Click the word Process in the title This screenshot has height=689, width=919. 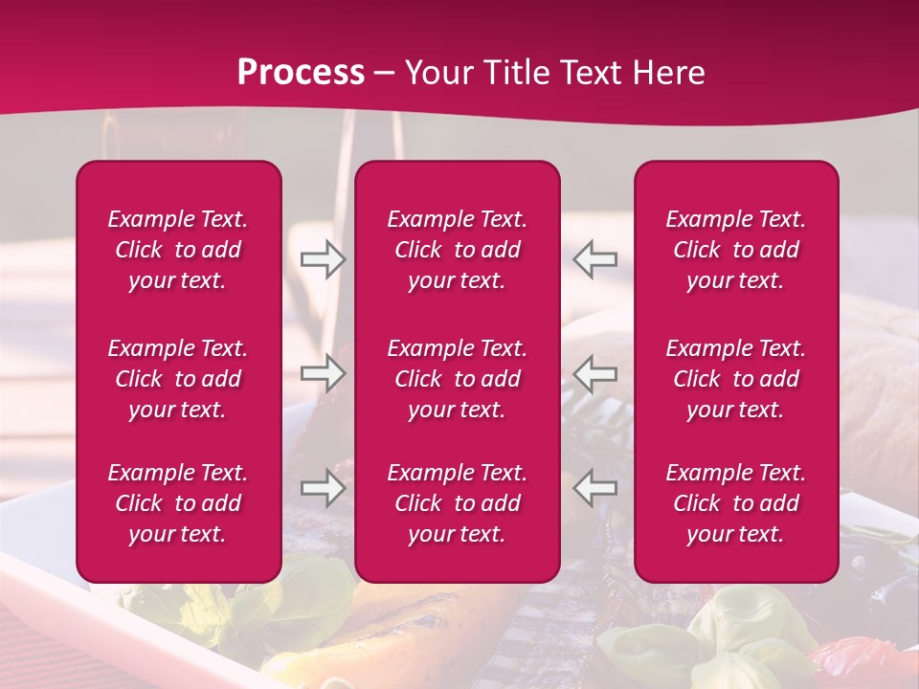tap(301, 73)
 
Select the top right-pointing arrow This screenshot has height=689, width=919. tap(324, 259)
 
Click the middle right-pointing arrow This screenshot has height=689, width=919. tap(324, 372)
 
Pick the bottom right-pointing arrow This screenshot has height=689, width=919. tap(324, 488)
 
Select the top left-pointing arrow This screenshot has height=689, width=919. tap(595, 259)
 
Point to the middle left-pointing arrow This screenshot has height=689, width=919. tap(595, 372)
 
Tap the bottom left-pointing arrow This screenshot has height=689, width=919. tap(595, 488)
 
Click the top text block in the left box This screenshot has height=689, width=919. tap(178, 250)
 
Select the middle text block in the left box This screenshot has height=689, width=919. tap(178, 379)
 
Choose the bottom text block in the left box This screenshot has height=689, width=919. tap(178, 503)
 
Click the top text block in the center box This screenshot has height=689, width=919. tap(458, 250)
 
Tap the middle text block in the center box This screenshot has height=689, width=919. tap(458, 379)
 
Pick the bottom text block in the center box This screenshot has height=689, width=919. tap(458, 503)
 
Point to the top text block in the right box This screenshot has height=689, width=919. tap(736, 250)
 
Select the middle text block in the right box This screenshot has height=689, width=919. tap(736, 379)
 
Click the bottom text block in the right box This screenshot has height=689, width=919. tap(736, 503)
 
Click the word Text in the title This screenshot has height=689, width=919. tap(582, 73)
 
